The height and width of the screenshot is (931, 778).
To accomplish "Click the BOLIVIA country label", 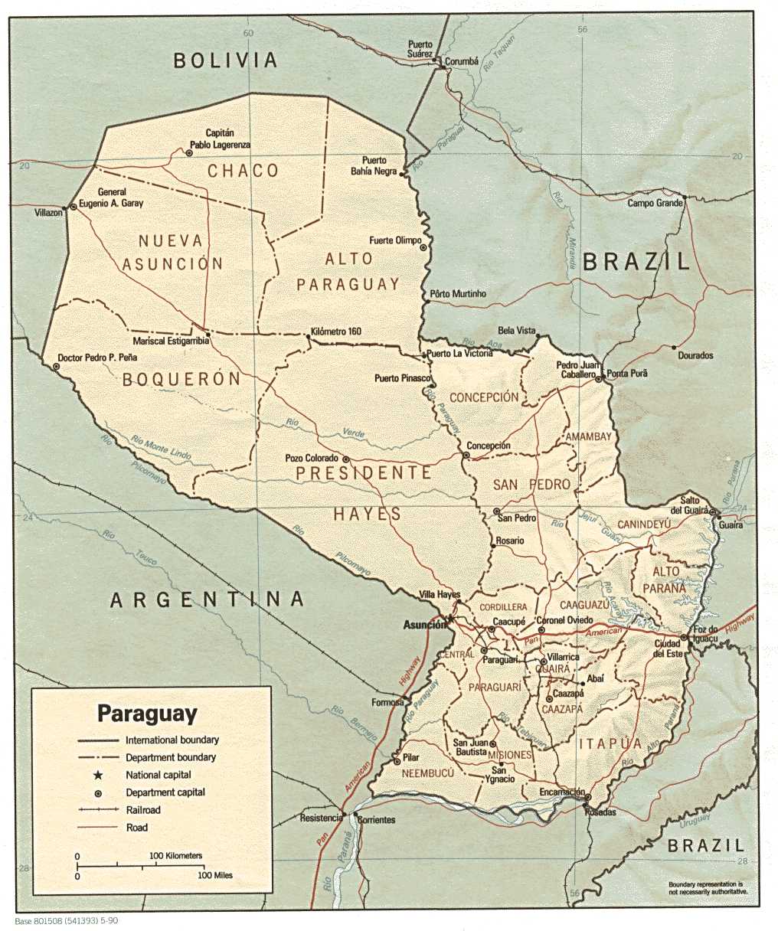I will [x=224, y=60].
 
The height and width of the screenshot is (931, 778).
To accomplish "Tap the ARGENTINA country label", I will [x=208, y=599].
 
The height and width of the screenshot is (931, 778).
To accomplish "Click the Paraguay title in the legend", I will [x=146, y=714].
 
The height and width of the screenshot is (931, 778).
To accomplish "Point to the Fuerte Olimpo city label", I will [x=395, y=240].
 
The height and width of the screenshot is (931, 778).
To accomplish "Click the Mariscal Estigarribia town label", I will [x=171, y=341].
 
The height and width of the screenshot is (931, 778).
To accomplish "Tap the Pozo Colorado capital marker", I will [x=346, y=459].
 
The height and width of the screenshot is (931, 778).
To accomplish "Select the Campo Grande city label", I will [x=654, y=203].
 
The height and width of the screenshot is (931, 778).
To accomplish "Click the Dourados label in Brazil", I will [x=695, y=355].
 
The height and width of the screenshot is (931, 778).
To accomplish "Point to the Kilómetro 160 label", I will [x=336, y=332].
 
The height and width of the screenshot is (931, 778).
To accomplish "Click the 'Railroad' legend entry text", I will [x=143, y=810].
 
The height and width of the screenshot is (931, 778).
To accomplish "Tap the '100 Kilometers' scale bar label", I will [x=175, y=855].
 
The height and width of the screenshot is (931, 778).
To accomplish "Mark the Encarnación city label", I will [x=562, y=792].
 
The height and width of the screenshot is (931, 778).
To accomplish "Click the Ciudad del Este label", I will [x=668, y=648].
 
